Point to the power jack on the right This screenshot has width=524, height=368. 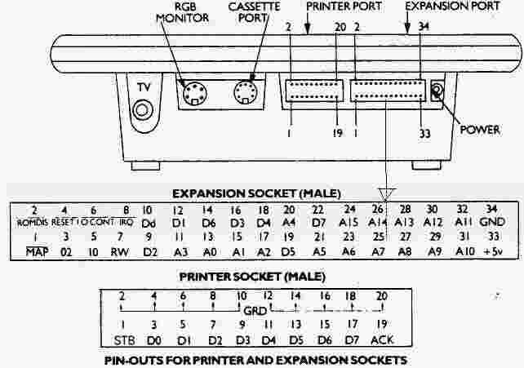pyautogui.click(x=438, y=92)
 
